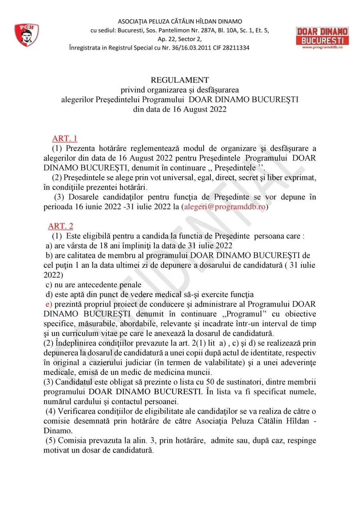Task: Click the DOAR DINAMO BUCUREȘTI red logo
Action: coord(322,36)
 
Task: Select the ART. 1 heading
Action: coord(64,139)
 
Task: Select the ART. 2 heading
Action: coord(60,226)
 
